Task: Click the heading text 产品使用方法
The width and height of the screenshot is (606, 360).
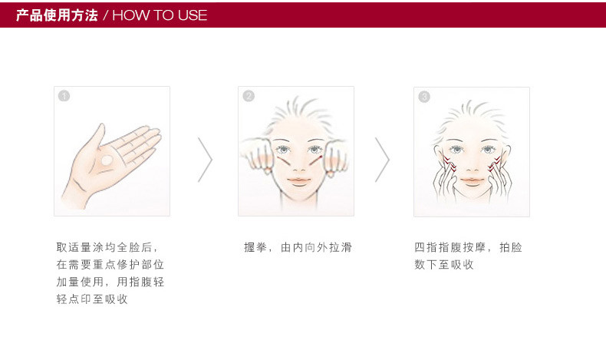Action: point(57,15)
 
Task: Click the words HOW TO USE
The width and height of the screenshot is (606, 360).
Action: point(160,15)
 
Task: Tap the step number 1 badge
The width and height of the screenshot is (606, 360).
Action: point(64,96)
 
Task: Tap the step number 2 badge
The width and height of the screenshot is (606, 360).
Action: point(249,96)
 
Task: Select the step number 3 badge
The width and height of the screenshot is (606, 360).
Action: point(424,97)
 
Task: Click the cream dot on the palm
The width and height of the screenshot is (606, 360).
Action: point(107,160)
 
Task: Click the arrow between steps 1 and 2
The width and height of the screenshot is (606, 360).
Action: point(206,160)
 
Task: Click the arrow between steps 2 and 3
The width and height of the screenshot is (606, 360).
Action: point(382,160)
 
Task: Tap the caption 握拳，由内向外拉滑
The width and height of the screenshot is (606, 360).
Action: point(298,247)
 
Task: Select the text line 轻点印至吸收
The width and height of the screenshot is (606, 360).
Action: point(92,299)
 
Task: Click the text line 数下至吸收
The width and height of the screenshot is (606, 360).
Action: point(444,265)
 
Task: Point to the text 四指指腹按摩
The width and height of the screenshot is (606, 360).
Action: point(450,247)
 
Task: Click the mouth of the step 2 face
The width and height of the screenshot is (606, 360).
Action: point(298,180)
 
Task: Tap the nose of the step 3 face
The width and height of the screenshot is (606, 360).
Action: point(473,167)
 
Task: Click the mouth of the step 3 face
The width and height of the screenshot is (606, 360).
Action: point(473,180)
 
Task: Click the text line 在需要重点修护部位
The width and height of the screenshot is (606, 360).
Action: point(110,265)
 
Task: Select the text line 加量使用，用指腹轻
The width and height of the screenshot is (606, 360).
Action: point(110,282)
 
